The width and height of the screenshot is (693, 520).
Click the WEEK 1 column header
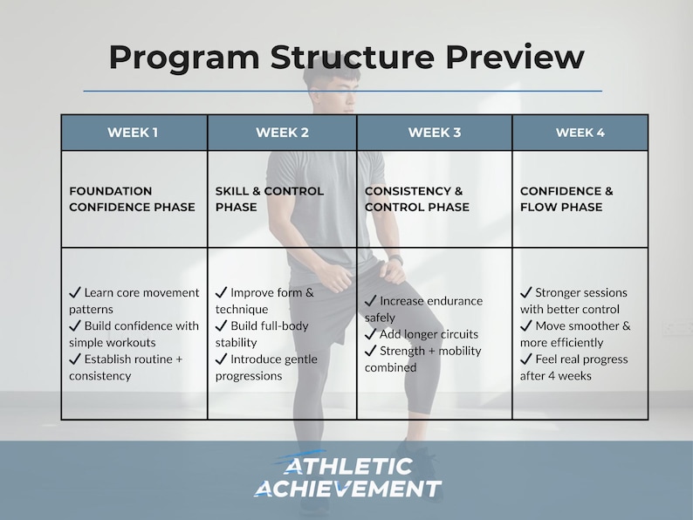click(133, 133)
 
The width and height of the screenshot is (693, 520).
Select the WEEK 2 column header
click(282, 133)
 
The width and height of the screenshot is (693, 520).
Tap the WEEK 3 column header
click(435, 133)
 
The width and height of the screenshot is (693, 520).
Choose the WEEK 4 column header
click(580, 133)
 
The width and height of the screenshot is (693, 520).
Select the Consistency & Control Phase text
click(416, 199)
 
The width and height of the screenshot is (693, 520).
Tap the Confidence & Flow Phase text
click(566, 199)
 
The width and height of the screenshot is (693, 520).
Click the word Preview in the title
click(515, 58)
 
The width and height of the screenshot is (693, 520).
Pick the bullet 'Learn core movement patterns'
click(134, 300)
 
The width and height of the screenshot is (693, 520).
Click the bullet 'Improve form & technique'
click(265, 300)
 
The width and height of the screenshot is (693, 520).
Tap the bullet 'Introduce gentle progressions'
click(266, 367)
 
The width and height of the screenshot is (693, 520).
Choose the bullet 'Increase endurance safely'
click(423, 309)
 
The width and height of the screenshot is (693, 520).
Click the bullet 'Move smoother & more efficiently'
click(575, 334)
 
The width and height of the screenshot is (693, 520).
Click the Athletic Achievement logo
click(347, 477)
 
